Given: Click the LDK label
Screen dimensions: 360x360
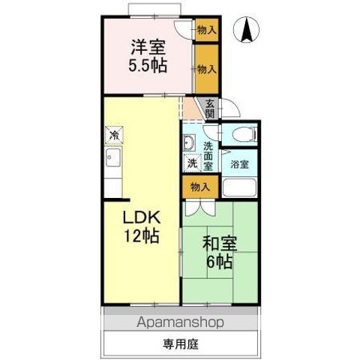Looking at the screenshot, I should pos(141,217).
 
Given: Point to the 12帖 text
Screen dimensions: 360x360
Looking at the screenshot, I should pos(141,236).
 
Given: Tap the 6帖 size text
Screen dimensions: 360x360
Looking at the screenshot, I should pos(219,262).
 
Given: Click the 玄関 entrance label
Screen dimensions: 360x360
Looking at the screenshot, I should pos(209,109).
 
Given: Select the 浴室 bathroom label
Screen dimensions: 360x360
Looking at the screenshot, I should pos(240,164).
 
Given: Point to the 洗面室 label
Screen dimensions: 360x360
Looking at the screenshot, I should pos(208,154).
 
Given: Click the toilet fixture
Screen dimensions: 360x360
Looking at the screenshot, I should pos(244,135).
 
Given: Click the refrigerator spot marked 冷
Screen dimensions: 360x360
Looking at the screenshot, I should pos(112,136).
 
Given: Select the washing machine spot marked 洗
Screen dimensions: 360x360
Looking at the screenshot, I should pos(191,163).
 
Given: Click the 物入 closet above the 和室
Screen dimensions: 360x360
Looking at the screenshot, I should pos(198,186).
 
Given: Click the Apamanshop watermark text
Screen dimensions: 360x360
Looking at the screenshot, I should pos(181,323).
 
